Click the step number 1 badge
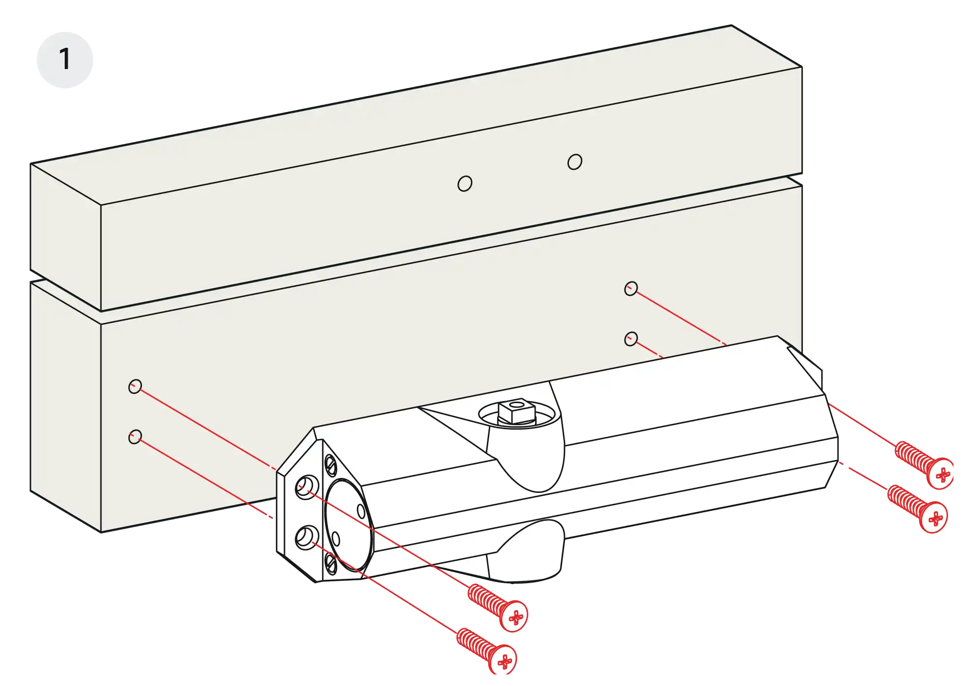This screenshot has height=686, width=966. tap(65, 60)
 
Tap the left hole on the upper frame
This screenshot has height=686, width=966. tap(465, 183)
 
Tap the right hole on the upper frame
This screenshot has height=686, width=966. tap(575, 162)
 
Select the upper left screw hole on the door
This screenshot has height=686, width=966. tap(135, 386)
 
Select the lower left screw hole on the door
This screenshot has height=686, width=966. tap(135, 437)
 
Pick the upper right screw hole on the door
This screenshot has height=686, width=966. tap(631, 289)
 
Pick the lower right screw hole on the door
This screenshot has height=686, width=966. tap(631, 339)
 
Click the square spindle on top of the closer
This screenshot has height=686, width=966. tap(517, 411)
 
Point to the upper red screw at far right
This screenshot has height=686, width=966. tap(923, 465)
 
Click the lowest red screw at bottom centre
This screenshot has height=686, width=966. tap(486, 651)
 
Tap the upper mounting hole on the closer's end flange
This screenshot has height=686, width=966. tap(307, 487)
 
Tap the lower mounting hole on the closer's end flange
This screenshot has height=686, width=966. tap(307, 537)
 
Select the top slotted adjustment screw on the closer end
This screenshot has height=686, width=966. tap(331, 465)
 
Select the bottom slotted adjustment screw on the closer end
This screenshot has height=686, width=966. tap(331, 563)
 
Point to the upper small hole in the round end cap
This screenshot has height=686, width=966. tap(361, 511)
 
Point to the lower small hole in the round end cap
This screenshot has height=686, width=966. tap(336, 539)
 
